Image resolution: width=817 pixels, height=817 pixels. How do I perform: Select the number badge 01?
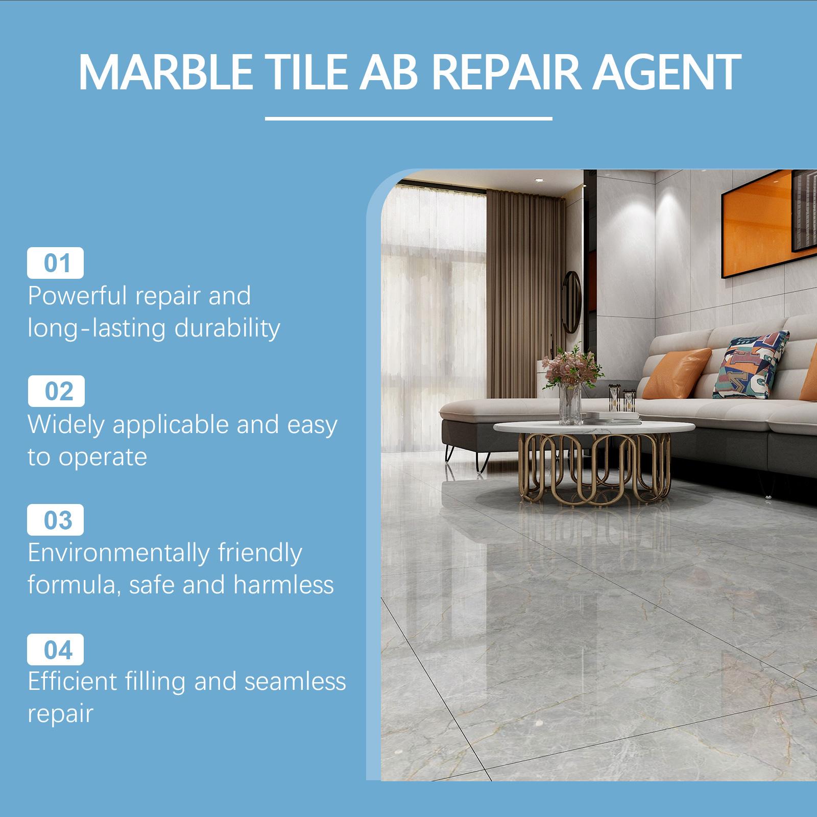[x=56, y=263]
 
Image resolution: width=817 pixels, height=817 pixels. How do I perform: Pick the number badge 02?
[x=56, y=391]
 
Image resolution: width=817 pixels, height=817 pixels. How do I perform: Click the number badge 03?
[x=56, y=520]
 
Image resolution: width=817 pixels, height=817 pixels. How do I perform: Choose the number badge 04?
[x=56, y=650]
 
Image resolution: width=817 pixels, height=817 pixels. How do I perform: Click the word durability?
[x=227, y=328]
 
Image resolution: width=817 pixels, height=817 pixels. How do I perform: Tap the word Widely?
[x=65, y=425]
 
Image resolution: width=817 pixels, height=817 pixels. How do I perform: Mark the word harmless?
[x=283, y=585]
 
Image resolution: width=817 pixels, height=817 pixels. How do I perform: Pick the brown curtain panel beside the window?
[x=513, y=286]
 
